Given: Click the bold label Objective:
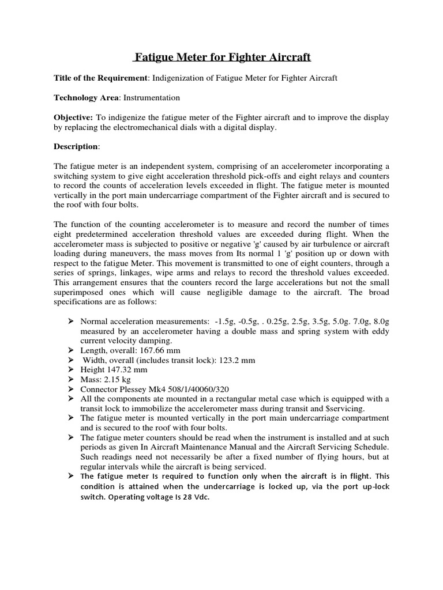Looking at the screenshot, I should (x=74, y=118).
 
